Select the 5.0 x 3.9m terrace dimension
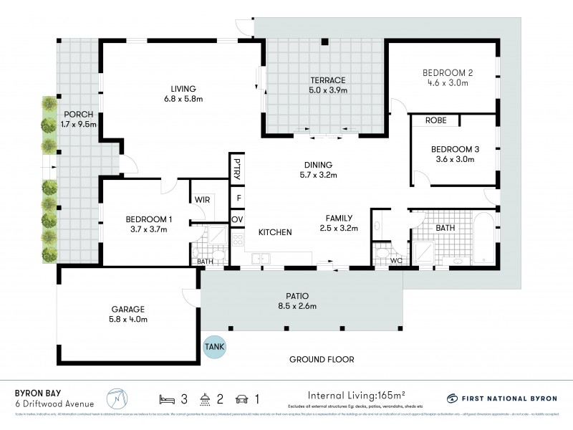click(x=328, y=90)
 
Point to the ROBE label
click(x=435, y=120)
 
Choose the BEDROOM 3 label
click(x=455, y=149)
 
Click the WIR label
click(x=202, y=200)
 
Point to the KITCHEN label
click(x=274, y=232)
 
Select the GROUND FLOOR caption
click(x=322, y=359)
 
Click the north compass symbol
click(x=114, y=398)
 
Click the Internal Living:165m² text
click(x=356, y=395)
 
